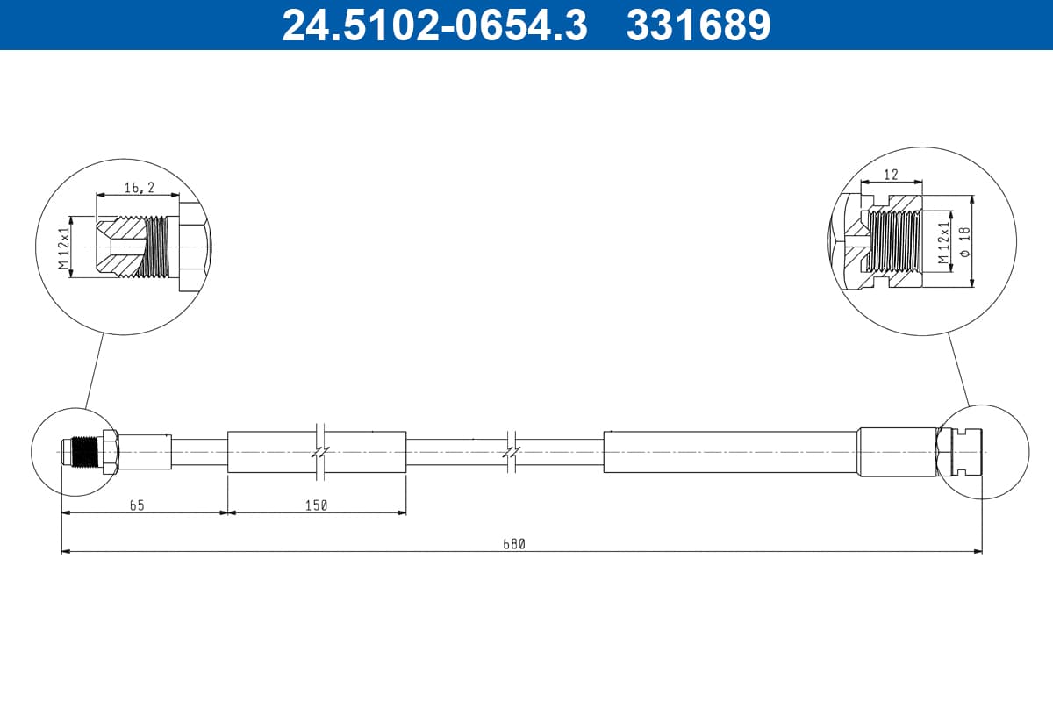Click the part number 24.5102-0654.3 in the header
(435, 25)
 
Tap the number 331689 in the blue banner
(698, 25)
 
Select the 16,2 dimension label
(140, 188)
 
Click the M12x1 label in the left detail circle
(64, 247)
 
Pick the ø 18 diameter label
(965, 241)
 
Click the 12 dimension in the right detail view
(891, 175)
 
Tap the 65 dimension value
(137, 505)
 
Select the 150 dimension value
(316, 505)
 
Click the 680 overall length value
(514, 544)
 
